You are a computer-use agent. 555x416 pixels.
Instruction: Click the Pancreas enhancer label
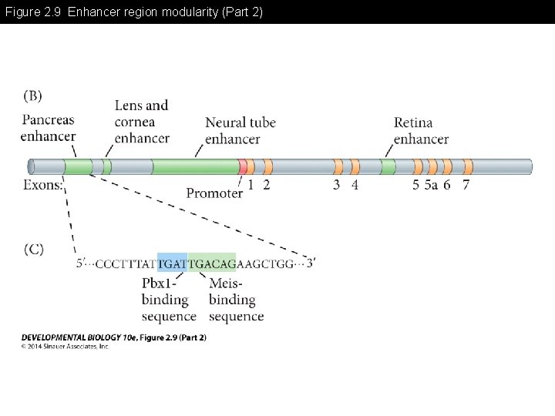[49, 129]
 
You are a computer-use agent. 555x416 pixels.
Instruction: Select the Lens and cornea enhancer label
[142, 122]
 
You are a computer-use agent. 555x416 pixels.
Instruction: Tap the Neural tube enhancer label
[240, 131]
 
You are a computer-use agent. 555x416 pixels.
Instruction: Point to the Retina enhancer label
[421, 131]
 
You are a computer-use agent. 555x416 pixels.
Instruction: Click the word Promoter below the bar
[214, 193]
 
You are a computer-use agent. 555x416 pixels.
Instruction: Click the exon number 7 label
[466, 185]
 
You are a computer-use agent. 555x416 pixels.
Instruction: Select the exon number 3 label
[336, 185]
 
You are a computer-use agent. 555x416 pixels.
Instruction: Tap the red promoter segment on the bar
[243, 166]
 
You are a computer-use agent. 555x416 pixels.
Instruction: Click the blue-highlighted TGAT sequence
[172, 263]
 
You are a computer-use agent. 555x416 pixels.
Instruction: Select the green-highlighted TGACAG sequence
[212, 263]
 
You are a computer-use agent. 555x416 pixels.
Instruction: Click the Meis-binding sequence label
[236, 300]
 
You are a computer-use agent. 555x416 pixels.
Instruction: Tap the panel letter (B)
[33, 96]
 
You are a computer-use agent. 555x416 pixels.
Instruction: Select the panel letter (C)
[33, 248]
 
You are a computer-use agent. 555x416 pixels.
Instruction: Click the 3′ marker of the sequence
[310, 263]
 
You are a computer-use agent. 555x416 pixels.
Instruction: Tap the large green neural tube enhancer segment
[194, 166]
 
